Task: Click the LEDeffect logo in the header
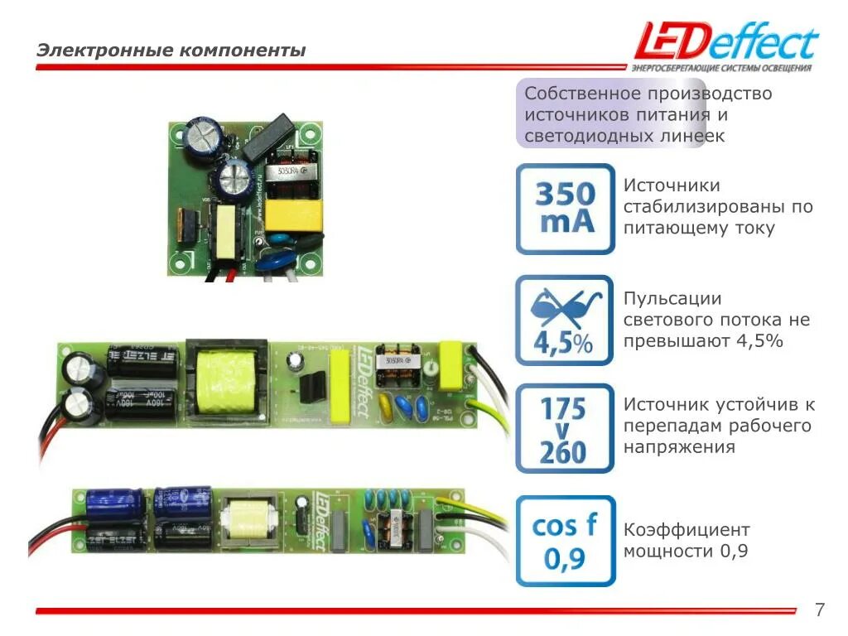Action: tap(725, 41)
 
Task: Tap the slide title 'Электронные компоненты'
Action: tap(171, 51)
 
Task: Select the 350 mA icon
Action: tap(565, 209)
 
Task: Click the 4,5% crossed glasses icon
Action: tap(565, 320)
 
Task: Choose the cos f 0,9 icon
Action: tap(565, 540)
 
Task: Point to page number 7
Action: tap(820, 611)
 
